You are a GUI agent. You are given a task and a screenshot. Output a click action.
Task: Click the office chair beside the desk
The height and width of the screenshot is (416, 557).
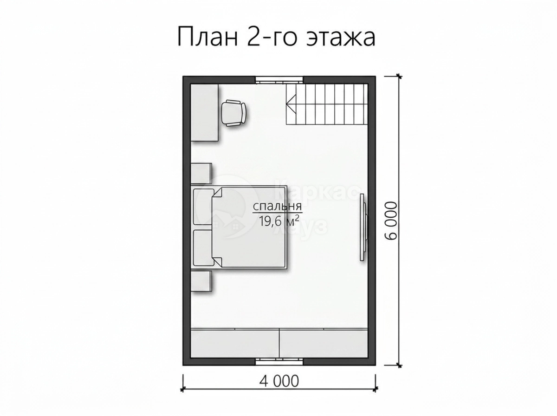[x=234, y=113]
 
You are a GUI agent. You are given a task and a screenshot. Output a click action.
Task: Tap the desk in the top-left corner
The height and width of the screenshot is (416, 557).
[x=205, y=113]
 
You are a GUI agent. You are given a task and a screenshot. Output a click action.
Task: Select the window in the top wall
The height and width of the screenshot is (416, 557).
[x=279, y=80]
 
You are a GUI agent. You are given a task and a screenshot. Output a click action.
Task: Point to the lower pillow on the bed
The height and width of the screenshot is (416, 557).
[x=203, y=248]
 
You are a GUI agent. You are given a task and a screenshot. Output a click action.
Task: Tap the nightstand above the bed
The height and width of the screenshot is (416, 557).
[x=201, y=173]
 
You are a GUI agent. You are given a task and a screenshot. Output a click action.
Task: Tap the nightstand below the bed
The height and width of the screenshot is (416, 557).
[x=201, y=281]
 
